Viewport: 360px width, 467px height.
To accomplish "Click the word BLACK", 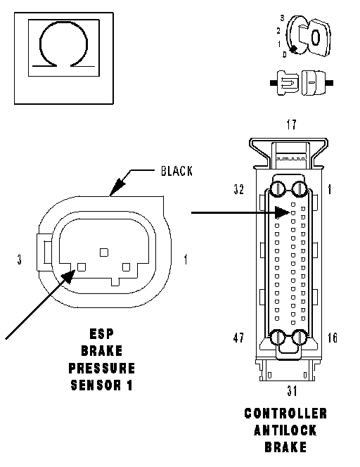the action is click(x=177, y=171).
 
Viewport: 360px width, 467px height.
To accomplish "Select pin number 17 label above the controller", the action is click(x=292, y=124).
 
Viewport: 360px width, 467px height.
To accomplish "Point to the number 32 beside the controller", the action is click(x=239, y=189).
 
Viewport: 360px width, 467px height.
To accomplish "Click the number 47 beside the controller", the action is click(x=238, y=338).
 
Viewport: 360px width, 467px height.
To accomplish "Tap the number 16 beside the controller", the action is click(x=333, y=338).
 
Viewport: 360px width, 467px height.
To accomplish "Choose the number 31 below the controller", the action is click(x=292, y=390).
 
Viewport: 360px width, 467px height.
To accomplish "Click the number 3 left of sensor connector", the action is click(x=20, y=260).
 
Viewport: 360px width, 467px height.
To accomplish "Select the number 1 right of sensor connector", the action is click(x=186, y=260).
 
